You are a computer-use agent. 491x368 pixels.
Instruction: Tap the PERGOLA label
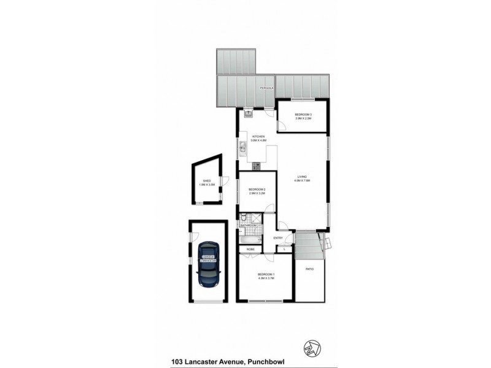pyautogui.click(x=265, y=88)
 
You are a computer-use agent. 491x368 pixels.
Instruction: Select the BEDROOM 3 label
pyautogui.click(x=303, y=115)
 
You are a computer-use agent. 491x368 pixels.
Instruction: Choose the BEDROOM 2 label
pyautogui.click(x=257, y=190)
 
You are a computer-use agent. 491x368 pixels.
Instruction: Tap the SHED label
pyautogui.click(x=206, y=181)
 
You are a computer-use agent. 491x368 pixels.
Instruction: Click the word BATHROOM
pyautogui.click(x=247, y=226)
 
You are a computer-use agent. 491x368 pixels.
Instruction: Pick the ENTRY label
pyautogui.click(x=277, y=238)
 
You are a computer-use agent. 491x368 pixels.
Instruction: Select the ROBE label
pyautogui.click(x=250, y=249)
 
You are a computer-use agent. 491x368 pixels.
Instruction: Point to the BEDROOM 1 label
pyautogui.click(x=265, y=274)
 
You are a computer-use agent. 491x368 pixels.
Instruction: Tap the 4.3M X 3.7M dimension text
pyautogui.click(x=265, y=279)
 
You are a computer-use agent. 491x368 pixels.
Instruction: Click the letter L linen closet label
pyautogui.click(x=284, y=248)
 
